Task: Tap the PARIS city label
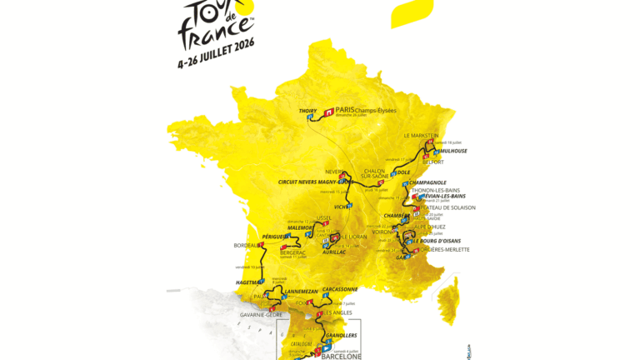point(345,109)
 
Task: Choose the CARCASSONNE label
point(339,289)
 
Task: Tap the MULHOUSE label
point(451,151)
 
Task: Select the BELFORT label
point(432,162)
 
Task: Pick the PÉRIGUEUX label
point(276,237)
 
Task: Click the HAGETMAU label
point(250,282)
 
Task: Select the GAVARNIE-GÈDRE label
point(262,314)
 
